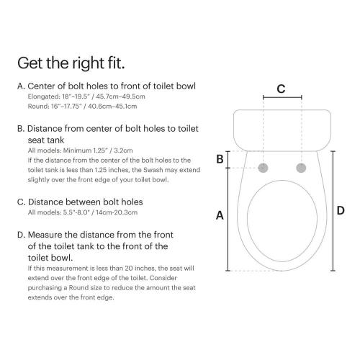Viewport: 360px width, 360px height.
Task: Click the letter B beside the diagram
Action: (220, 159)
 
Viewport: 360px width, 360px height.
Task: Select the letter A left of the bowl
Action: (220, 215)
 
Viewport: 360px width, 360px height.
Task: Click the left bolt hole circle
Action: (264, 168)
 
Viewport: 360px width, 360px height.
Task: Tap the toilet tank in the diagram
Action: (282, 126)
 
